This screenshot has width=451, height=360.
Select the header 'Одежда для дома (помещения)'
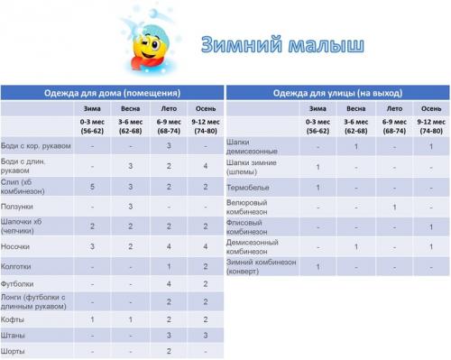(x=112, y=93)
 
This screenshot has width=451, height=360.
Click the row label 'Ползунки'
(x=19, y=206)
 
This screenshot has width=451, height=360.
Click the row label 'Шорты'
(x=14, y=349)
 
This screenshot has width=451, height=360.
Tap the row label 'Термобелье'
(x=248, y=187)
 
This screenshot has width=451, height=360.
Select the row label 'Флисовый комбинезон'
(x=252, y=226)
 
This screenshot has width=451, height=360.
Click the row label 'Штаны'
(x=14, y=335)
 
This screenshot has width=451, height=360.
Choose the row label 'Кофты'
(x=14, y=319)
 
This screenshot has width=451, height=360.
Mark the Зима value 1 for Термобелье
(x=318, y=187)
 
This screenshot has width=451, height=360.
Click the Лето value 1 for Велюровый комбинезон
(x=394, y=207)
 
